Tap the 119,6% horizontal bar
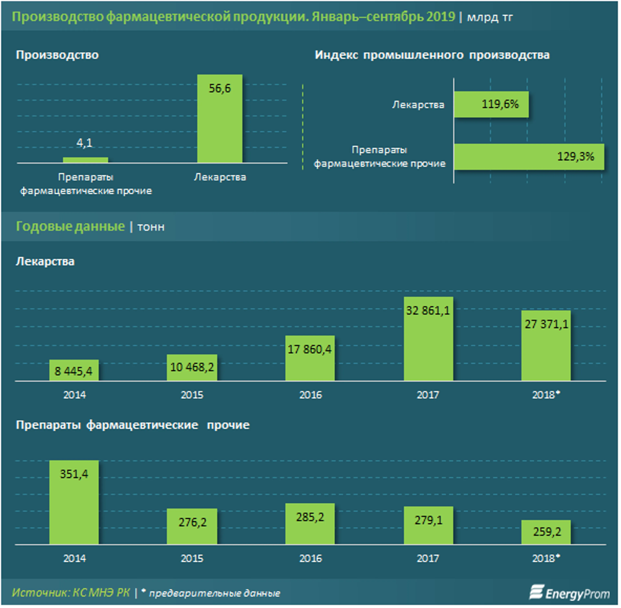pos(491,104)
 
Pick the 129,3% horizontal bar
pos(529,157)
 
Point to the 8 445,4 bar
pos(74,370)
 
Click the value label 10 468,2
pos(192,367)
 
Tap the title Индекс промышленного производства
pos(432,55)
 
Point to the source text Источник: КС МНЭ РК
pos(71,593)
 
